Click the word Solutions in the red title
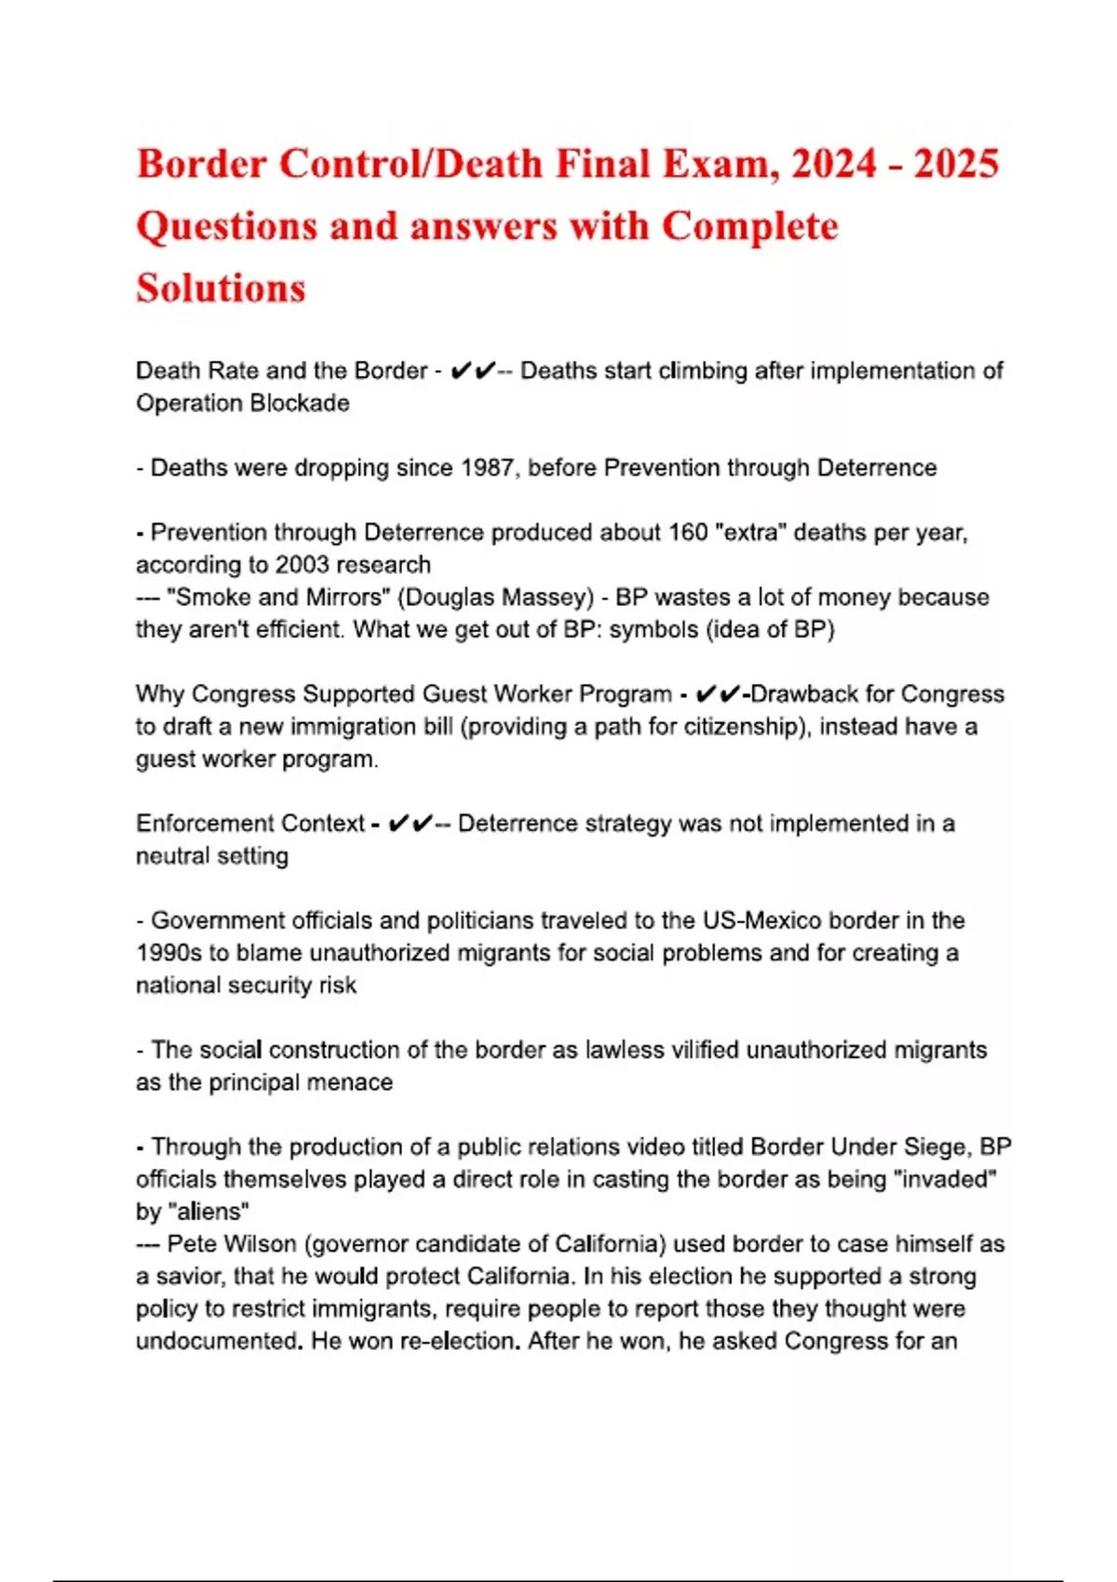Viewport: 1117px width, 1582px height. click(x=221, y=288)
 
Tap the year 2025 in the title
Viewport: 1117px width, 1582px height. click(x=956, y=164)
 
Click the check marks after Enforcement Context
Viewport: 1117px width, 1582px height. click(x=410, y=824)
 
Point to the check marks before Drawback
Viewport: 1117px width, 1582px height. click(x=718, y=694)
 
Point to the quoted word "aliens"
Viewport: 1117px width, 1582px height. click(x=209, y=1212)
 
